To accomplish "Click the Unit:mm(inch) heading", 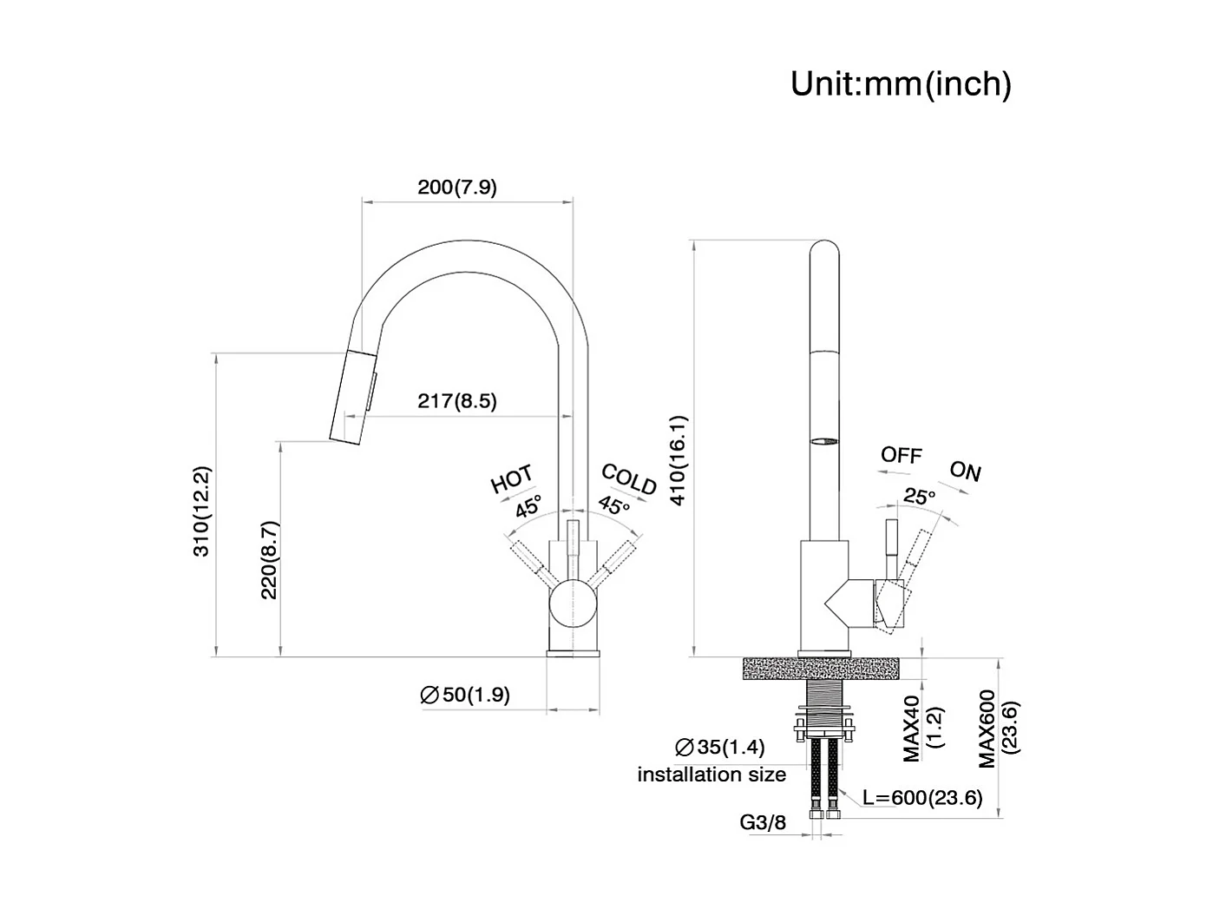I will tap(901, 84).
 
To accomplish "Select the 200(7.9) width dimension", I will tap(457, 187).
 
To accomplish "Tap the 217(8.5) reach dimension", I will tap(457, 400).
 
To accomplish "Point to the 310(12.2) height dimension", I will tap(200, 511).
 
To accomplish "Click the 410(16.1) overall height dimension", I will tap(679, 460).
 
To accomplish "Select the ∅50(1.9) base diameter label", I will tap(465, 695).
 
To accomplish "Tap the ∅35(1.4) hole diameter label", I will tap(719, 748).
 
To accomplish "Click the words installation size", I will tap(711, 775).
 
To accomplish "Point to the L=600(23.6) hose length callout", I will tap(922, 797).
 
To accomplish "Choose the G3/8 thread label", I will tap(763, 822).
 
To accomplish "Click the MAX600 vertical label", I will tap(987, 729).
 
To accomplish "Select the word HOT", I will tap(512, 479).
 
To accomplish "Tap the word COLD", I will tap(629, 479).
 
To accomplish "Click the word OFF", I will tap(902, 455).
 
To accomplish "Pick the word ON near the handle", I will tap(965, 471).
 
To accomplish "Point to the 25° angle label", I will tap(920, 497).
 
